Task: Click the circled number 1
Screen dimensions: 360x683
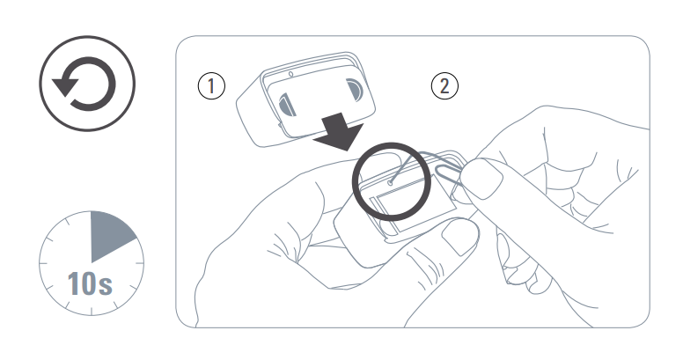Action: click(211, 85)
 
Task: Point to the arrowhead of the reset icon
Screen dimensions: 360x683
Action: click(63, 85)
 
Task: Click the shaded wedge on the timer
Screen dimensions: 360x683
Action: click(109, 232)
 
